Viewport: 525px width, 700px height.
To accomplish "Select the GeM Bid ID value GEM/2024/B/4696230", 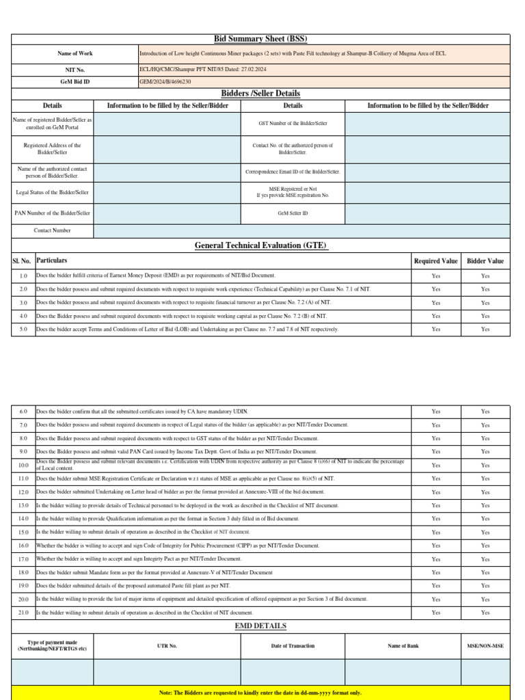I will click(165, 81).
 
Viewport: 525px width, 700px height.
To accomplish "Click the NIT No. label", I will click(75, 70).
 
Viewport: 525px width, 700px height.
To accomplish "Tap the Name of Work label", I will click(75, 53).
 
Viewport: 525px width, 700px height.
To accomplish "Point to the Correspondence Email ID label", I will click(293, 172).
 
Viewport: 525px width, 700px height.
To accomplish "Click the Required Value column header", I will click(435, 261).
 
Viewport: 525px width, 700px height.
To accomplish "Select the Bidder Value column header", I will click(485, 261).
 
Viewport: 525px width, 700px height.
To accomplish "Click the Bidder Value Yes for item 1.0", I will click(485, 275).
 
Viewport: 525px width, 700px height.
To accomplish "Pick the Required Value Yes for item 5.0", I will click(435, 329).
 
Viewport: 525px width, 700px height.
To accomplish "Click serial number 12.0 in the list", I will click(23, 492).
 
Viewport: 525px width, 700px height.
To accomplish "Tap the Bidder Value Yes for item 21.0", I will click(485, 612).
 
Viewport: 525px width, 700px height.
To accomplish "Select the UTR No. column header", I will click(167, 645).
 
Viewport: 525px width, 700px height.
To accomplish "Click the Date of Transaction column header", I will click(293, 645).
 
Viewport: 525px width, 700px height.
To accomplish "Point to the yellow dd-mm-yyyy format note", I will click(260, 692).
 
